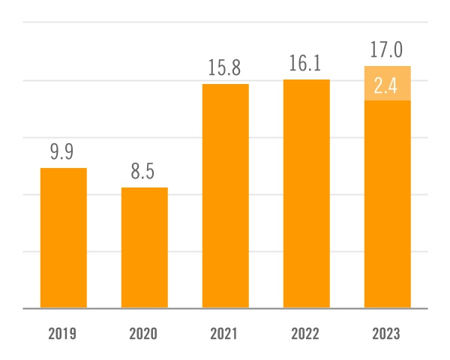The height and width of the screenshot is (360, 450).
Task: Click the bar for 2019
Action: (63, 238)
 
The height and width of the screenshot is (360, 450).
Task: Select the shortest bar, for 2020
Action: (144, 247)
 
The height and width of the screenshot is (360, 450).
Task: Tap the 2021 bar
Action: (225, 196)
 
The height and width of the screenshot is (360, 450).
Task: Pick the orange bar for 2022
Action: (306, 193)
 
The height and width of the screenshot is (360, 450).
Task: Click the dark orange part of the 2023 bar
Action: (387, 204)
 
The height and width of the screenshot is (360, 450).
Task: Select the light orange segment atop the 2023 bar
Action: (387, 83)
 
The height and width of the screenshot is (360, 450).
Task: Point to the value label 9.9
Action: (63, 152)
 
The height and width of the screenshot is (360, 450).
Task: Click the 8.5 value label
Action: (144, 172)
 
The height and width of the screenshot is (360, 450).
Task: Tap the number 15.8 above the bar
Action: (225, 68)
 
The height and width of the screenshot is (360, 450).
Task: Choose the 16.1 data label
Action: (306, 64)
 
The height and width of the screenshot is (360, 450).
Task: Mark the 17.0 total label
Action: (387, 50)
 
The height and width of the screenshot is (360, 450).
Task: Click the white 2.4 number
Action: (387, 85)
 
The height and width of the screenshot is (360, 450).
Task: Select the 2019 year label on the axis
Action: (63, 334)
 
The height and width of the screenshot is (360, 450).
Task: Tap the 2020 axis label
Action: (144, 334)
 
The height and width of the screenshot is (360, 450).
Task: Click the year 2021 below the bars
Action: (225, 334)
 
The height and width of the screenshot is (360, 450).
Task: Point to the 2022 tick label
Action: (306, 334)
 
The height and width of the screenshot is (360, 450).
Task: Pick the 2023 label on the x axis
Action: (387, 334)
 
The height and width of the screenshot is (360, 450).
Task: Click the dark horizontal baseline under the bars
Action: (225, 308)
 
